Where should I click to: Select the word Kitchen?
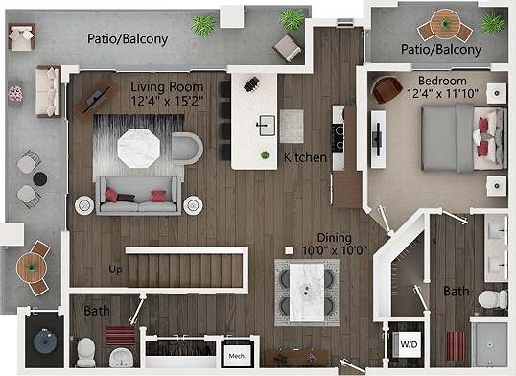[305, 156]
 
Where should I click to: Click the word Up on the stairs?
[115, 269]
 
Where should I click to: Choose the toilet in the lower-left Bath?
[86, 351]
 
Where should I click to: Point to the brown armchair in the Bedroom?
[387, 90]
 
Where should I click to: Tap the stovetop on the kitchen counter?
[339, 121]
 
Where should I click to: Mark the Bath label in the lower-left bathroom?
[97, 311]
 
